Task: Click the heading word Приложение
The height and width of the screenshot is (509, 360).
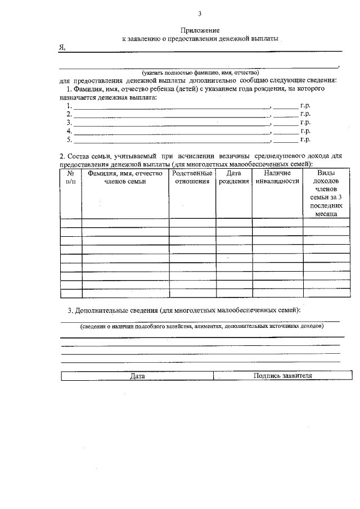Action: (x=200, y=30)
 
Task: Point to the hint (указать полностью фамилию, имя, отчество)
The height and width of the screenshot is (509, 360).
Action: (x=200, y=73)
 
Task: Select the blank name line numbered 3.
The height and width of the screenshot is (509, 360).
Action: (x=172, y=122)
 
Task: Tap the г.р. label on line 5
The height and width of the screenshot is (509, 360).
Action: (x=305, y=139)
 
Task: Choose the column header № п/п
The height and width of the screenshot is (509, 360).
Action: (x=71, y=178)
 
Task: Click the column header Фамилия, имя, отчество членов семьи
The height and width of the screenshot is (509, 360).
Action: (x=125, y=178)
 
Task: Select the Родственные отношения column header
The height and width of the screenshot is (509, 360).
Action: (x=192, y=178)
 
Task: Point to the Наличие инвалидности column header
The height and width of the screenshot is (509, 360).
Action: (x=277, y=178)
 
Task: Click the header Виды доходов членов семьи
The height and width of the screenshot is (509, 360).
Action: (x=326, y=193)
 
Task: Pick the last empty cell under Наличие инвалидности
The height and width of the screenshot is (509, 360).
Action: (x=277, y=292)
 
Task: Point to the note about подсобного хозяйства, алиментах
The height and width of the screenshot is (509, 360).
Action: (x=201, y=326)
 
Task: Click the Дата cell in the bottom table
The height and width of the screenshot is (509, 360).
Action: (x=137, y=376)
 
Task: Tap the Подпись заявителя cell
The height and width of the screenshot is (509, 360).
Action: (x=282, y=376)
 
